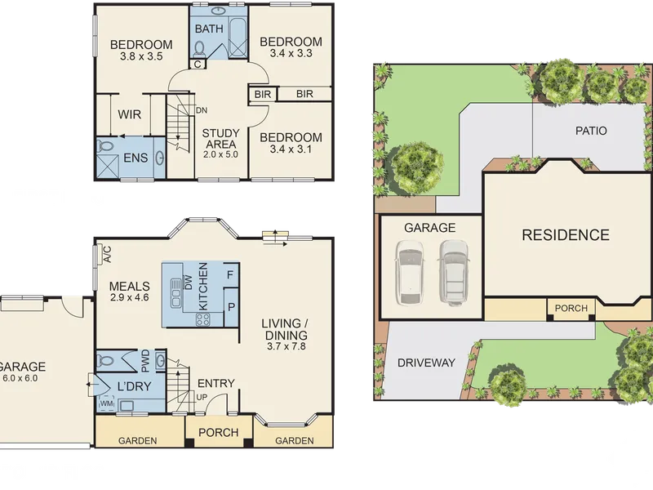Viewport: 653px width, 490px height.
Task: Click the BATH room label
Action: pyautogui.click(x=209, y=29)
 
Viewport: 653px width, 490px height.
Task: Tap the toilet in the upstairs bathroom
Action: pyautogui.click(x=199, y=49)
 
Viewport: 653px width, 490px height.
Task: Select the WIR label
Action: pyautogui.click(x=129, y=114)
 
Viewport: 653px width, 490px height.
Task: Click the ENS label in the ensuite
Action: pyautogui.click(x=135, y=158)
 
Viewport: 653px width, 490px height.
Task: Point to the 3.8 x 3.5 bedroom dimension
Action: pyautogui.click(x=141, y=56)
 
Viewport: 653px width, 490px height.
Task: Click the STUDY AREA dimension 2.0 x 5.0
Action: pyautogui.click(x=220, y=154)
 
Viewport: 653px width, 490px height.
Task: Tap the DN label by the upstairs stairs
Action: pyautogui.click(x=202, y=110)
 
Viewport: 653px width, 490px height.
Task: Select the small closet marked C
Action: pyautogui.click(x=198, y=65)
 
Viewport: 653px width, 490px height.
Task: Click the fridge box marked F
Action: pyautogui.click(x=230, y=275)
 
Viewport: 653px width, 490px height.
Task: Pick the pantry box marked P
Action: pyautogui.click(x=231, y=307)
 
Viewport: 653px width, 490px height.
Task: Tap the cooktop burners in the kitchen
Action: pyautogui.click(x=203, y=319)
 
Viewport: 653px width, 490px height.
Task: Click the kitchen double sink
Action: pyautogui.click(x=176, y=293)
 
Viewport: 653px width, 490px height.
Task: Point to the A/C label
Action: pyautogui.click(x=107, y=254)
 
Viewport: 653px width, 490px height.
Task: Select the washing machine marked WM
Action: pyautogui.click(x=107, y=403)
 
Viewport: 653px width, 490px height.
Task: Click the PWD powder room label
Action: pyautogui.click(x=145, y=361)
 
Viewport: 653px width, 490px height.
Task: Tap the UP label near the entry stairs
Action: pyautogui.click(x=202, y=397)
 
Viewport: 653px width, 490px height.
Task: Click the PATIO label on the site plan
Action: pyautogui.click(x=591, y=131)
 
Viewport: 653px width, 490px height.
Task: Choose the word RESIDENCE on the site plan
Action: pyautogui.click(x=566, y=235)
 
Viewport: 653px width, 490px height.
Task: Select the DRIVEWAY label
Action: pyautogui.click(x=426, y=363)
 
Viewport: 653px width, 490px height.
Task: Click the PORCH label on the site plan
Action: pyautogui.click(x=571, y=309)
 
